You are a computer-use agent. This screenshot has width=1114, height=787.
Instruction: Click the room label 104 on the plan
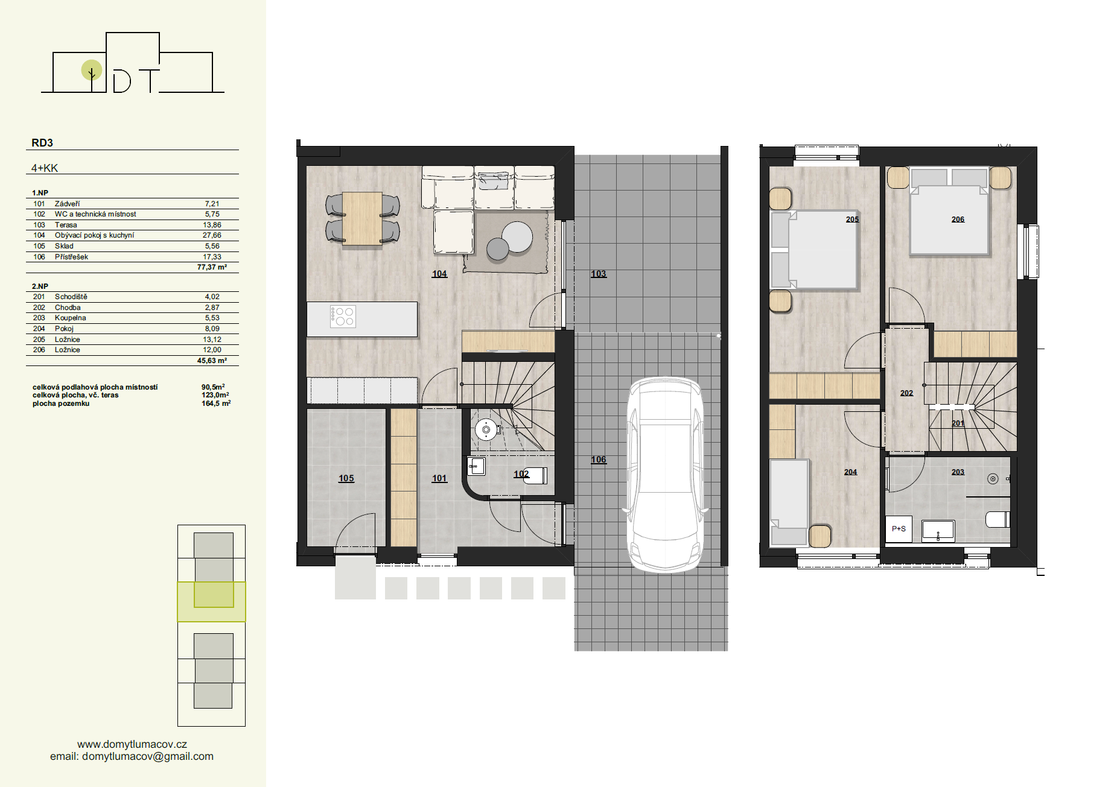[x=439, y=274]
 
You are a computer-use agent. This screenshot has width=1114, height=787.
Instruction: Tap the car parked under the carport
[x=665, y=474]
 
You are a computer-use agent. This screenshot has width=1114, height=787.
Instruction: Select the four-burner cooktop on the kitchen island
[x=343, y=317]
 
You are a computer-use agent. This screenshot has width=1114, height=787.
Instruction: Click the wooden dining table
[x=362, y=218]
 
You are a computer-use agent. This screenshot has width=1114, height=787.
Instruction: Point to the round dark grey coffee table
[x=498, y=248]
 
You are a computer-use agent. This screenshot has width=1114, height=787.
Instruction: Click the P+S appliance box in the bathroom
[x=899, y=529]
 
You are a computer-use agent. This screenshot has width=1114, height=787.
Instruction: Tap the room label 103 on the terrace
[x=598, y=274]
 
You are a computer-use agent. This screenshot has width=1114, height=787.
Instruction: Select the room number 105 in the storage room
[x=346, y=478]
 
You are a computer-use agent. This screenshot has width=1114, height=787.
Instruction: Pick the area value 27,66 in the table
[x=212, y=235]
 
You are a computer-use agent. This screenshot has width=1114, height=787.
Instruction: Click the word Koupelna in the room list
[x=71, y=318]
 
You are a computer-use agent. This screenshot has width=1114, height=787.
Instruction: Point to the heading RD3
[x=42, y=143]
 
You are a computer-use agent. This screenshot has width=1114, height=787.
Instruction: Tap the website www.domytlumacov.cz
[x=132, y=744]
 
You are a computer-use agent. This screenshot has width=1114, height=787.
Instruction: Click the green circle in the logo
[x=92, y=70]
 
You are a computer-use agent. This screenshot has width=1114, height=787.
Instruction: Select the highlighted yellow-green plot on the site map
[x=211, y=601]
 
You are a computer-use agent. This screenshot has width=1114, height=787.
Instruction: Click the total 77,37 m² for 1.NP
[x=212, y=267]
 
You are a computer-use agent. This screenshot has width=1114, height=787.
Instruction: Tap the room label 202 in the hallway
[x=906, y=393]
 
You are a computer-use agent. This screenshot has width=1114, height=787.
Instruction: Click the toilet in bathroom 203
[x=998, y=519]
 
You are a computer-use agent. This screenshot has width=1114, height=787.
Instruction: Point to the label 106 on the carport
[x=598, y=460]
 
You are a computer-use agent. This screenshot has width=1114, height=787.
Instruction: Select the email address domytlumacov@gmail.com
[x=148, y=756]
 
